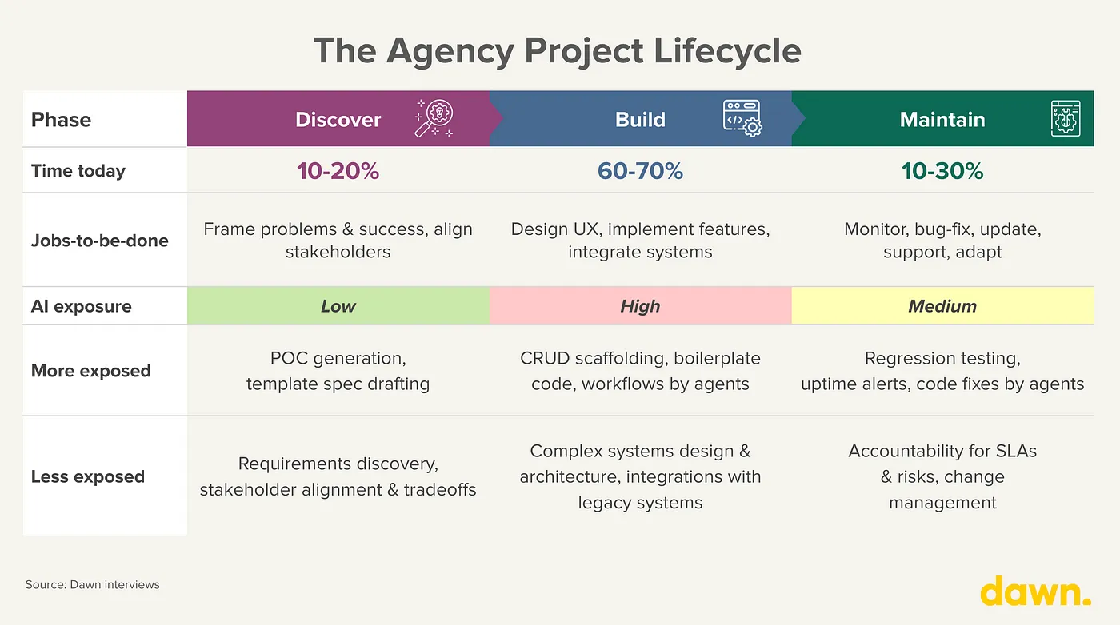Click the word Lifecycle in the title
pyautogui.click(x=727, y=51)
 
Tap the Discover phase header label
pyautogui.click(x=338, y=120)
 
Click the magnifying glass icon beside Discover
pyautogui.click(x=434, y=118)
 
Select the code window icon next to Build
pyautogui.click(x=742, y=118)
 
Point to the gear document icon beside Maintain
pyautogui.click(x=1066, y=118)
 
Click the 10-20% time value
pyautogui.click(x=338, y=171)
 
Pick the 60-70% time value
pyautogui.click(x=640, y=171)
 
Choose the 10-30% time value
pyautogui.click(x=942, y=171)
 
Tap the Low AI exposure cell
pyautogui.click(x=338, y=306)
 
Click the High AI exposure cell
pyautogui.click(x=641, y=306)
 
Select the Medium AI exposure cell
pyautogui.click(x=943, y=306)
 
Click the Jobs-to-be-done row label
pyautogui.click(x=99, y=241)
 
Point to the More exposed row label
pyautogui.click(x=90, y=371)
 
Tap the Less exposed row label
pyautogui.click(x=87, y=476)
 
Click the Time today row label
pyautogui.click(x=78, y=171)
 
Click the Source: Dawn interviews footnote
pyautogui.click(x=93, y=584)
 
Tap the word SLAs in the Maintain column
pyautogui.click(x=1015, y=451)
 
